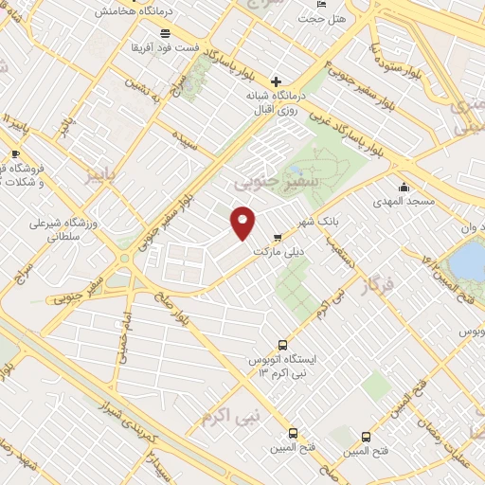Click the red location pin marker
click(243, 222)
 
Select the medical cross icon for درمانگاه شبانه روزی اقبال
click(276, 81)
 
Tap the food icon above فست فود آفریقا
click(166, 32)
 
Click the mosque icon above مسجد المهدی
click(404, 187)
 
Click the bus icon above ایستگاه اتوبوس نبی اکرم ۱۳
click(281, 346)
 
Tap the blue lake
click(468, 258)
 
